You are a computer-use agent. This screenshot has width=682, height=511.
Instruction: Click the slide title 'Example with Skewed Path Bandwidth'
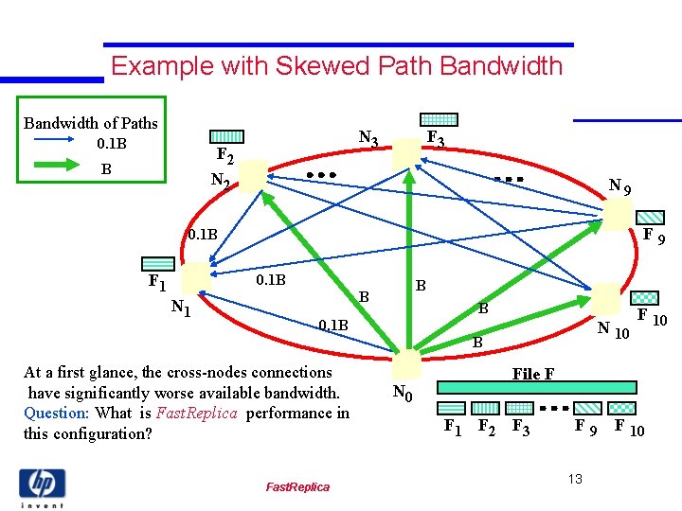tap(336, 66)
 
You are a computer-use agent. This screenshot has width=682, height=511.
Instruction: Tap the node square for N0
tap(406, 364)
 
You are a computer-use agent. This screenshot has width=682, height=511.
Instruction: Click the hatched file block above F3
tap(439, 120)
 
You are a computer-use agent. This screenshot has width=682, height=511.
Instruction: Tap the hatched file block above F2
tap(225, 137)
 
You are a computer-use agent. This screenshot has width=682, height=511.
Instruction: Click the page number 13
tap(575, 480)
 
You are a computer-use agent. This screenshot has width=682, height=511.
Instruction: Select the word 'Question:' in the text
tap(56, 413)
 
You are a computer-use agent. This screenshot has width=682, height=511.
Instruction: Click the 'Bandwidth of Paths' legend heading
tap(91, 123)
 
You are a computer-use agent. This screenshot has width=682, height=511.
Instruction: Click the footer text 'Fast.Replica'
tap(297, 486)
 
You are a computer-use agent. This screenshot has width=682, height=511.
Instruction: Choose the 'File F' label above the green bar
tap(533, 374)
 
